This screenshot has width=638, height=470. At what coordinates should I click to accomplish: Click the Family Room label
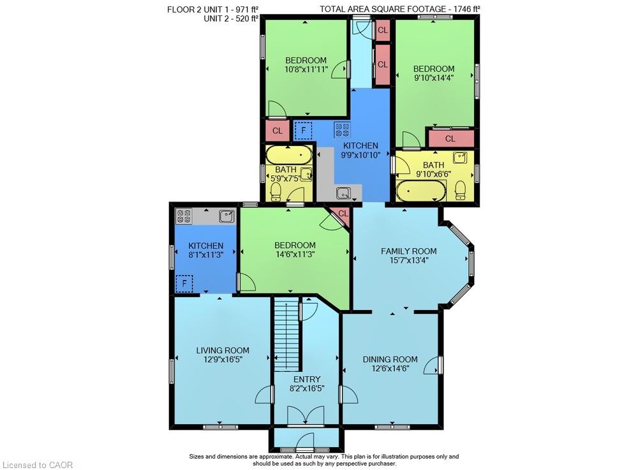click(408, 251)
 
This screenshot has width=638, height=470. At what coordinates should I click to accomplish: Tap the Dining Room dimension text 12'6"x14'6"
click(390, 369)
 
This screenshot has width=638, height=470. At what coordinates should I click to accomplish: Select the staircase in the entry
click(287, 334)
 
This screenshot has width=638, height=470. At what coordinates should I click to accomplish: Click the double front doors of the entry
click(306, 416)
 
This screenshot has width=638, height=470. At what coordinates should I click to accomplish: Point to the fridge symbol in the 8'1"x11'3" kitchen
click(184, 283)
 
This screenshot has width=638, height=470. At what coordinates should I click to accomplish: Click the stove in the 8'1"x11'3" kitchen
click(184, 216)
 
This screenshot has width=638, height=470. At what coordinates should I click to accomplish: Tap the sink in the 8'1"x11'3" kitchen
click(226, 216)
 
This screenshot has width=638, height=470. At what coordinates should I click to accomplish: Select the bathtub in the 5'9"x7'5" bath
click(289, 155)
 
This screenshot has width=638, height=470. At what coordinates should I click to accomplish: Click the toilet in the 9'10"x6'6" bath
click(460, 190)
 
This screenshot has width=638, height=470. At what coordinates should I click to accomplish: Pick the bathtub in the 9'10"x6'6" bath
click(420, 191)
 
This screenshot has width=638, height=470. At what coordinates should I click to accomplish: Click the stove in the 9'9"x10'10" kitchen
click(342, 129)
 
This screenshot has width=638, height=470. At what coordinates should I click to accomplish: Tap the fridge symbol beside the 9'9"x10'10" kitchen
click(302, 131)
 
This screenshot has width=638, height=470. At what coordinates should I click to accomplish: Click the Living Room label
click(223, 351)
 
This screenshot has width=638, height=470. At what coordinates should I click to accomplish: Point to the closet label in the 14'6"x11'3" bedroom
click(343, 214)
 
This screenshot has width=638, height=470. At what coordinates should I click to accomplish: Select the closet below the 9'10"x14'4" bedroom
click(450, 138)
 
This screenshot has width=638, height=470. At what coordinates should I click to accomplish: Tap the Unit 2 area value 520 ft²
click(244, 18)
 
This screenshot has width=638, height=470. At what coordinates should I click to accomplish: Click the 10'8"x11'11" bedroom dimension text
click(306, 69)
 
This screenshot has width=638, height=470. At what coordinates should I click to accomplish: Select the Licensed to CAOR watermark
click(38, 465)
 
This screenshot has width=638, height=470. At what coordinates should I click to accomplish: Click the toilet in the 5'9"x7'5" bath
click(276, 191)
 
